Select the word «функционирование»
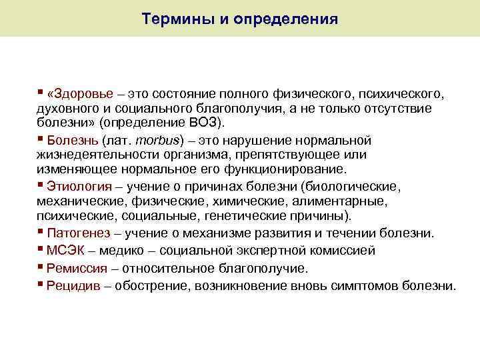click(290, 169)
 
